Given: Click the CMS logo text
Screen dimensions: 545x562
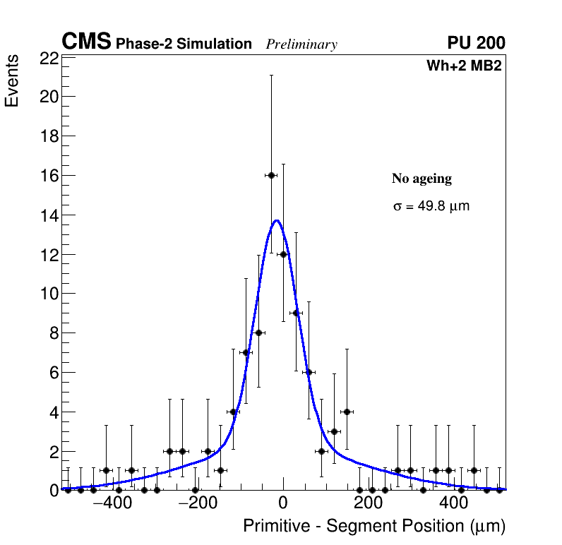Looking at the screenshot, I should [x=86, y=42].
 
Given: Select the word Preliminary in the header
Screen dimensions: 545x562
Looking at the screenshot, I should [x=301, y=44].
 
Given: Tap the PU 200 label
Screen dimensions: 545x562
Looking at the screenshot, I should [x=476, y=43].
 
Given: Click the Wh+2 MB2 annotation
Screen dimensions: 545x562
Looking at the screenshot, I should [x=464, y=66].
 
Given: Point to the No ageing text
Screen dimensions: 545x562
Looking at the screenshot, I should [x=421, y=179].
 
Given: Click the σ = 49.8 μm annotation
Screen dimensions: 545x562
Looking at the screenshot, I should [x=431, y=207].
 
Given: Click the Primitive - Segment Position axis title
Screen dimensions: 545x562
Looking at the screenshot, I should [x=374, y=526].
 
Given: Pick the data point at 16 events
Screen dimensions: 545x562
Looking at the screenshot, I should [x=271, y=175].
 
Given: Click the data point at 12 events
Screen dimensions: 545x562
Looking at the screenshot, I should [x=283, y=254].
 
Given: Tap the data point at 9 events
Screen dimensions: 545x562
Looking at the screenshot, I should [x=296, y=313].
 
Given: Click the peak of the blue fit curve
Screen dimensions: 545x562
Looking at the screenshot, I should [x=277, y=220].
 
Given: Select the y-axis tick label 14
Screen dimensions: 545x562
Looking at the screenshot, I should [x=49, y=215].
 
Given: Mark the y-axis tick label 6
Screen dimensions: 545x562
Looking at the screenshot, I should [x=52, y=372].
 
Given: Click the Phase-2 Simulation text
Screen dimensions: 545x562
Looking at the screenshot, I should [x=184, y=44].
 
